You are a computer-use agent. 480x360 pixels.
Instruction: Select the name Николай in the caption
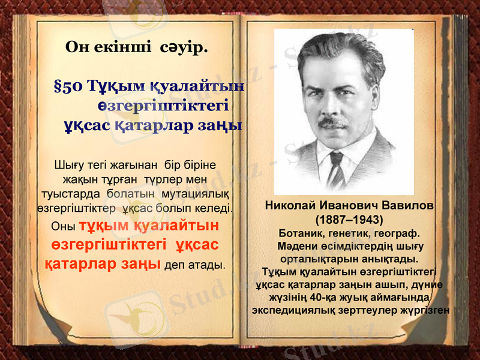(289, 206)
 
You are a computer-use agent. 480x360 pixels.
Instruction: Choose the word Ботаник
(302, 233)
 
